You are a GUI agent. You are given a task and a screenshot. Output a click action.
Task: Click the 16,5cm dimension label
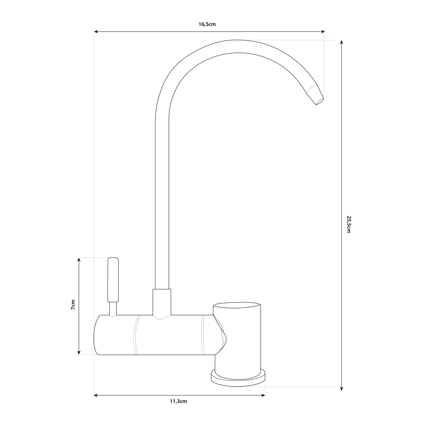point(207,24)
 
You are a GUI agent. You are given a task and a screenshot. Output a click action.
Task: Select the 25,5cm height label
point(348,224)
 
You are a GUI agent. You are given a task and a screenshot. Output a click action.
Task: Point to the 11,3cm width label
point(178,401)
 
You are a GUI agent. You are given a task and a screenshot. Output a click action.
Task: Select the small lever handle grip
point(113,279)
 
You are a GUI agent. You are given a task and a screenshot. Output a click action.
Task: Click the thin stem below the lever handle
point(113,309)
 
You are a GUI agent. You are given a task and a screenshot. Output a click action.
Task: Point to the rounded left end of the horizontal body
point(97,335)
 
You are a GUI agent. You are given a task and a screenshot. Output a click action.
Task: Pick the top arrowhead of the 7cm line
point(79,260)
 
